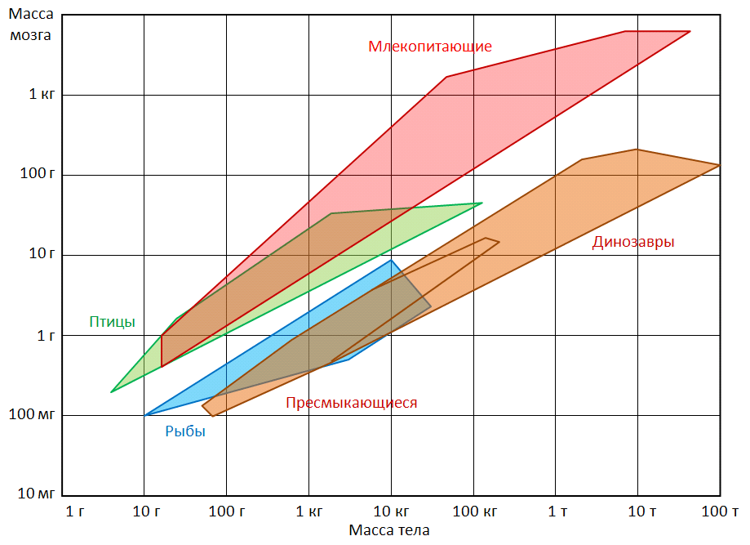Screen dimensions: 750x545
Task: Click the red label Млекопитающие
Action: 430,47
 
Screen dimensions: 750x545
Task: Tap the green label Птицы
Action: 113,322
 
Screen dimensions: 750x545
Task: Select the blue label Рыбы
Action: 185,431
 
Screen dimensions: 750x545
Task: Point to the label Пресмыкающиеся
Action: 352,403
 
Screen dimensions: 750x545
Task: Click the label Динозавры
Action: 633,242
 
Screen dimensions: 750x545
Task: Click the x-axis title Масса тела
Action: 388,530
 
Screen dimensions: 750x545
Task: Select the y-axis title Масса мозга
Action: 31,24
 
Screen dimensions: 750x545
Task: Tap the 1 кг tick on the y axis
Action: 42,94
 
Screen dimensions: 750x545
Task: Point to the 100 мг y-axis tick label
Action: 32,414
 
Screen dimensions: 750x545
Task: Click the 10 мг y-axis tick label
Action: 36,494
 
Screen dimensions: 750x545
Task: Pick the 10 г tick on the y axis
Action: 42,254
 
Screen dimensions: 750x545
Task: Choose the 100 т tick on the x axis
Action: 720,511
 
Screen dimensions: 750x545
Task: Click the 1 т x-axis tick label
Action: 557,511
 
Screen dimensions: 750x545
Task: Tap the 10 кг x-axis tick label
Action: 391,511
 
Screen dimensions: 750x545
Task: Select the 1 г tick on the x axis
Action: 75,511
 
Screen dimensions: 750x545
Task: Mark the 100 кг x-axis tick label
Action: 474,511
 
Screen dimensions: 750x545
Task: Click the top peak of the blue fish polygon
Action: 391,260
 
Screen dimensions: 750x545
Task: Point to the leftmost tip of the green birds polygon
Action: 111,392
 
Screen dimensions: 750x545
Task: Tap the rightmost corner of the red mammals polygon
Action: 690,32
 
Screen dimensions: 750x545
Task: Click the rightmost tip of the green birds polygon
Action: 482,203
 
